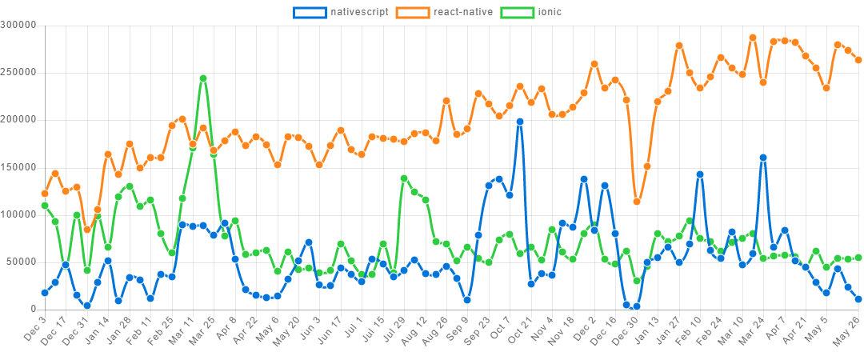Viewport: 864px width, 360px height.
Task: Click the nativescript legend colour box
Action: click(x=310, y=12)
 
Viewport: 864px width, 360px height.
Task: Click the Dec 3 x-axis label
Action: click(x=34, y=326)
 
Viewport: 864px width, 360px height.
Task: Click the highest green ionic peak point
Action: click(x=203, y=78)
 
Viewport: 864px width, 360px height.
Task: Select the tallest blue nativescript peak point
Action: click(x=520, y=122)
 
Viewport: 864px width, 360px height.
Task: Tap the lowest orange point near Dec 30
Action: click(x=637, y=202)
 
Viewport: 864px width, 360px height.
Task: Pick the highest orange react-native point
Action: click(x=753, y=38)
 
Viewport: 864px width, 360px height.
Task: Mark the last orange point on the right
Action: click(x=858, y=60)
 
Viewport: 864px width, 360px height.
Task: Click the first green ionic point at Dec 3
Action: click(x=45, y=206)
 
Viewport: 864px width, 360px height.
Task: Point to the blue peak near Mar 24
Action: click(x=763, y=158)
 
